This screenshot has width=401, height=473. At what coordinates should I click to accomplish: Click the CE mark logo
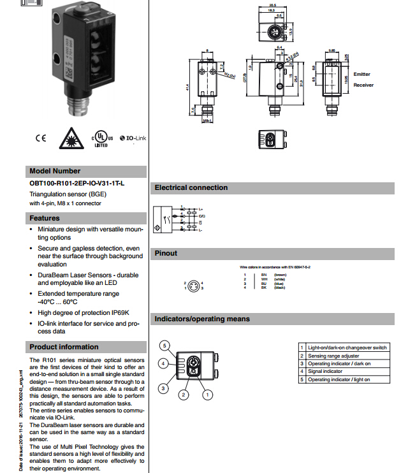41,137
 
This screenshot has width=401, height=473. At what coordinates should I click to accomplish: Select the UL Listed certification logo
102,138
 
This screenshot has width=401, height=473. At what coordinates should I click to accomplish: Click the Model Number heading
55,171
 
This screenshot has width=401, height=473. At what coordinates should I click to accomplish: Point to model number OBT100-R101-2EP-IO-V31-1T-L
77,184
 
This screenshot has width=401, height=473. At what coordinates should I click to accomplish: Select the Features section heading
45,218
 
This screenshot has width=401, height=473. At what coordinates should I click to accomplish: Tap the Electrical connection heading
191,187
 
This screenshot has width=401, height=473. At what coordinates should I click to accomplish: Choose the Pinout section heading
166,253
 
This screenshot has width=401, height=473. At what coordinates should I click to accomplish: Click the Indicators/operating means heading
203,319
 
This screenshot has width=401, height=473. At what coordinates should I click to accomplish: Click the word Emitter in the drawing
362,75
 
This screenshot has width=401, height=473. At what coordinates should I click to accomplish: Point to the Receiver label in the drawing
363,85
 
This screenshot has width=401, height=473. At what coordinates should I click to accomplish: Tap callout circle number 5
164,346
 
